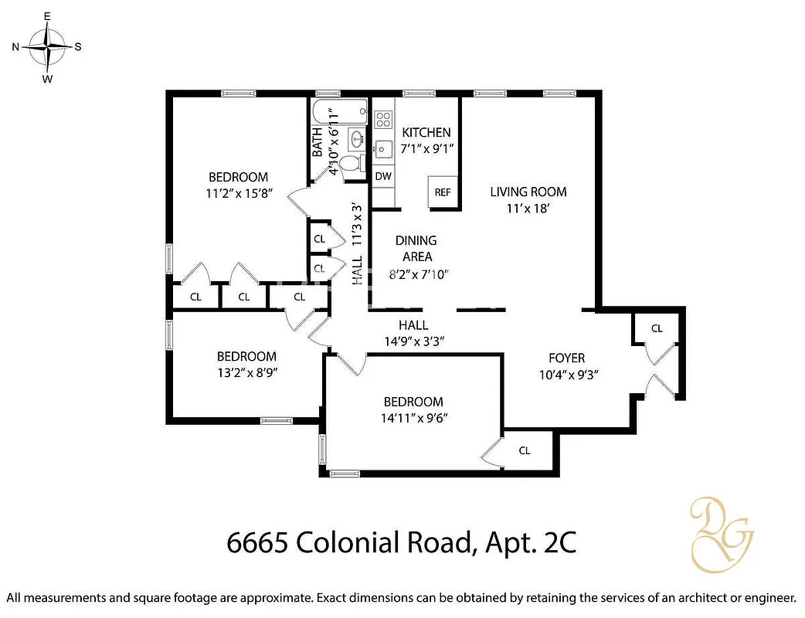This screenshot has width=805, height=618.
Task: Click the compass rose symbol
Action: pos(48,46)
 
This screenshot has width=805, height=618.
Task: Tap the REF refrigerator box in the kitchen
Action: pos(443,192)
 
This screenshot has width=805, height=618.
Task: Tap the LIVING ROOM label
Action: pos(528,192)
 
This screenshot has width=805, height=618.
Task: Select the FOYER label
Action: pos(566,358)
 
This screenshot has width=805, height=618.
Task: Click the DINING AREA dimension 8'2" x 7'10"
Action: pos(418,273)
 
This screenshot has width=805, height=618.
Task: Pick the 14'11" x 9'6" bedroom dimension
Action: pos(413,418)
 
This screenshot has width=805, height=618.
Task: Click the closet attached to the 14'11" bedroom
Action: pos(525,450)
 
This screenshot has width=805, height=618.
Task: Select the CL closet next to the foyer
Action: pos(657,328)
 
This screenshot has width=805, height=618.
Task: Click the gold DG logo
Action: pos(721,531)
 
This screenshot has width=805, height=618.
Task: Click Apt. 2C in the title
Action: pos(531,543)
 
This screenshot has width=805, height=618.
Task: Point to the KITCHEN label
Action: pos(426,132)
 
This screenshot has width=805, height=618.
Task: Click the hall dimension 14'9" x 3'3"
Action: pos(413,341)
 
